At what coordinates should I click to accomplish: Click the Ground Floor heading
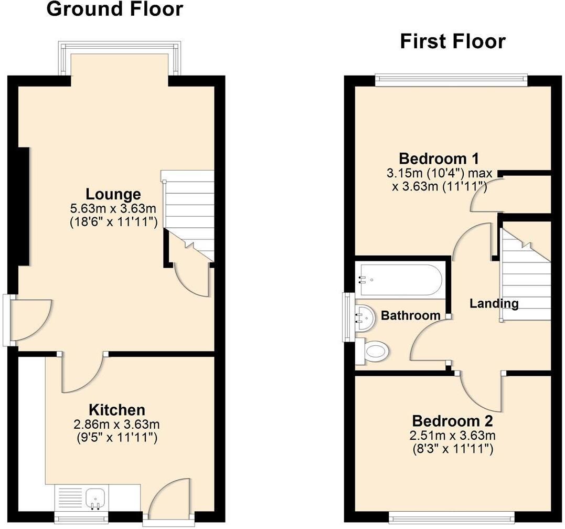click(115, 9)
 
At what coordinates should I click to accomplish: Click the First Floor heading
click(453, 41)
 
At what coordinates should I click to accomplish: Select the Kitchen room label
click(117, 410)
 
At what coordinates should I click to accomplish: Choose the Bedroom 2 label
click(452, 421)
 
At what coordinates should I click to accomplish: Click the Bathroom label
click(410, 316)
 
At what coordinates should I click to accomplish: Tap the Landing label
click(494, 304)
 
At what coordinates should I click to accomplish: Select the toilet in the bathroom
click(372, 351)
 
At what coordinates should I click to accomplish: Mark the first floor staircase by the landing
click(526, 271)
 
